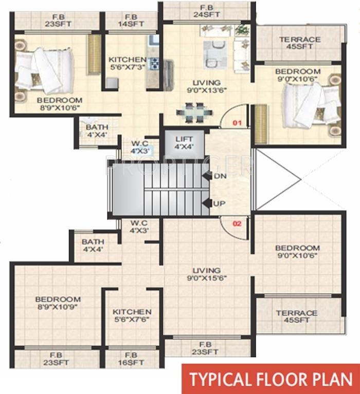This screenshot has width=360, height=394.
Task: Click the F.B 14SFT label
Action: click(131, 20)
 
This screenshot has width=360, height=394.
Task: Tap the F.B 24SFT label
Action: click(206, 11)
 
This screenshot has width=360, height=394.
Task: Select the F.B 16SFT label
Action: click(131, 359)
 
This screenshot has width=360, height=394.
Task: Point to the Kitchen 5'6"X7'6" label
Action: click(132, 316)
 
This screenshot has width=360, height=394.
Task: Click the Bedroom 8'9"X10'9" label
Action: click(58, 303)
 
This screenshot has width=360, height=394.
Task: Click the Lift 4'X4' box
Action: click(184, 143)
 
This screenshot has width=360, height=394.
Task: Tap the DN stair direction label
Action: click(219, 176)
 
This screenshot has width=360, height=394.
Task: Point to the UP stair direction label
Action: click(219, 204)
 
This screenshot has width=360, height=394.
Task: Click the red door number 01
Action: click(237, 123)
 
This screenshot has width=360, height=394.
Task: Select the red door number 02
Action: click(237, 224)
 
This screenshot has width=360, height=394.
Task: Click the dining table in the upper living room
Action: click(193, 112)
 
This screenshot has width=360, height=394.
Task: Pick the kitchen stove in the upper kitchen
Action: click(153, 64)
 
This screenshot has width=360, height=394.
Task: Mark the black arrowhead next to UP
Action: click(207, 204)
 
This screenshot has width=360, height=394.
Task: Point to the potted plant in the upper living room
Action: click(241, 30)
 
